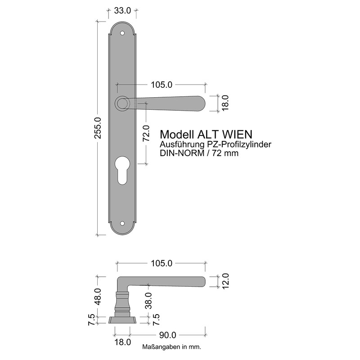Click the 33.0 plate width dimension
pyautogui.click(x=122, y=10)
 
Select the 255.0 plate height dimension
pyautogui.click(x=98, y=128)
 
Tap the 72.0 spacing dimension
pyautogui.click(x=146, y=133)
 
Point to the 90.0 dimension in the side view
pyautogui.click(x=167, y=335)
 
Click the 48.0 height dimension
pyautogui.click(x=98, y=297)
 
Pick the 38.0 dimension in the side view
pyautogui.click(x=149, y=301)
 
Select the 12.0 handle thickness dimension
pyautogui.click(x=225, y=281)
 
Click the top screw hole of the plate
pyautogui.click(x=122, y=33)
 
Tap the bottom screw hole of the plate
pyautogui.click(x=122, y=223)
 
